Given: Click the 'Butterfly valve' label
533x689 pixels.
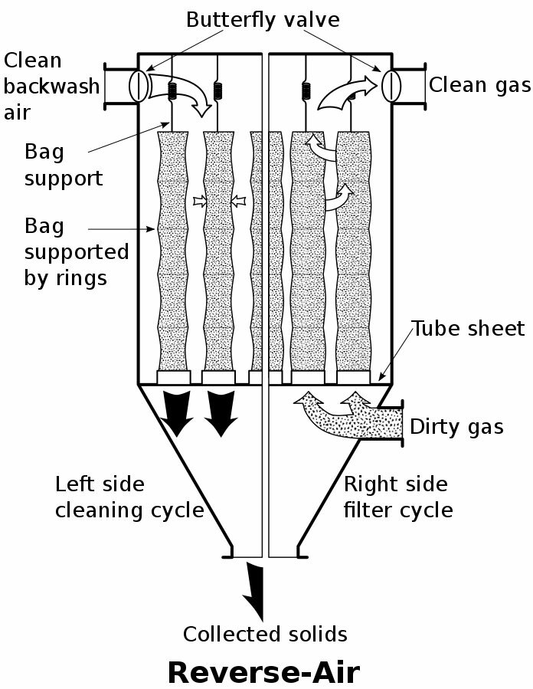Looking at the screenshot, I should tap(262, 20).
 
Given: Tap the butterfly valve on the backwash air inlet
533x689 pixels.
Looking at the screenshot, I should tap(139, 84).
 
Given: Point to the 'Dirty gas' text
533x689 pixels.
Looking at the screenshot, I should tap(457, 426).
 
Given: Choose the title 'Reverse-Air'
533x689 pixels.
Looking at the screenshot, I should tap(263, 671).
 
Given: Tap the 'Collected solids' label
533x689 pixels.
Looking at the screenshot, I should tap(265, 634).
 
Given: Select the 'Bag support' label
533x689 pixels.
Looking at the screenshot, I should tap(64, 165).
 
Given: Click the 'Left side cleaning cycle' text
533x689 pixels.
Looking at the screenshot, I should tap(129, 497).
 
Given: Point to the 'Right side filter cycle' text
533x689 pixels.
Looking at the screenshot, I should tap(398, 497).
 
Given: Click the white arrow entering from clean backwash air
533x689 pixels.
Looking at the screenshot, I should tap(181, 94).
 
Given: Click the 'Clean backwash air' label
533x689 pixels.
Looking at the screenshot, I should tap(51, 85).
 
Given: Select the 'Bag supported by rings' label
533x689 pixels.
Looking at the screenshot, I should tap(77, 251).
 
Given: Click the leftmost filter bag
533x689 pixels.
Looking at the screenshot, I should tap(172, 253).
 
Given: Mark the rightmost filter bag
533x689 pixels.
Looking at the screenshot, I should tap(355, 253).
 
